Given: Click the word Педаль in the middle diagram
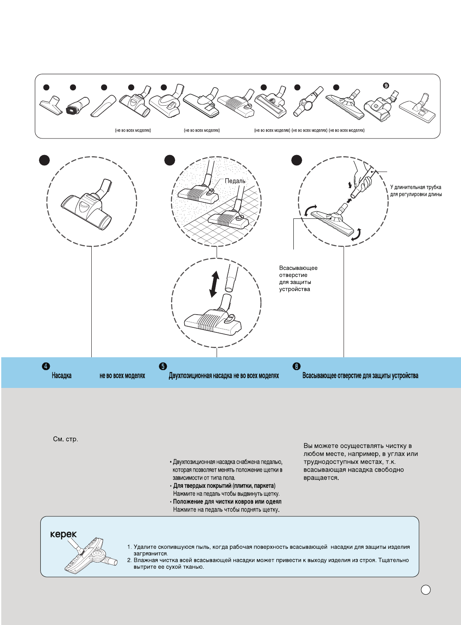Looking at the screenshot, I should (235, 181).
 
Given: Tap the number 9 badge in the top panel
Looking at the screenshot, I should (386, 85).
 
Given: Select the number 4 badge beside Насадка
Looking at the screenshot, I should (46, 366).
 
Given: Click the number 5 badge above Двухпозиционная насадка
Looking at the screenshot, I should (163, 366).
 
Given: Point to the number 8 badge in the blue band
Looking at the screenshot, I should (296, 366).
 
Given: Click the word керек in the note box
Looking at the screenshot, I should (63, 534).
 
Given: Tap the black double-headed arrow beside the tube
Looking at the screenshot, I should (214, 284).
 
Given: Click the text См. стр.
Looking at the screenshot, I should (66, 439).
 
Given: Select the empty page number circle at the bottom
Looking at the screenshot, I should (426, 590).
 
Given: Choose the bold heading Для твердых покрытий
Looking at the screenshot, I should (224, 486).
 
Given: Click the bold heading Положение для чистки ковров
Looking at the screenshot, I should (227, 501).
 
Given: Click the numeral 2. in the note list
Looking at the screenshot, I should (129, 560).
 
